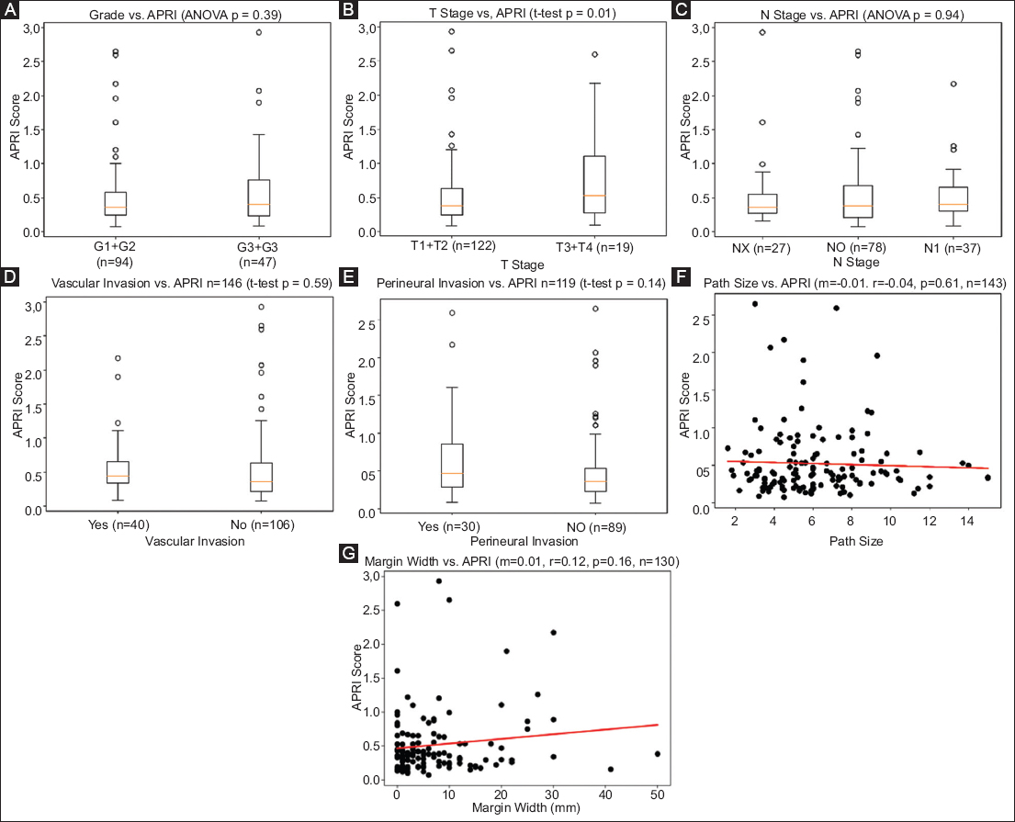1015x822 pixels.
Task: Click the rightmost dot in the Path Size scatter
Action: pyautogui.click(x=987, y=478)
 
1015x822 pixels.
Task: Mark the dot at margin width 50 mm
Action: pyautogui.click(x=658, y=754)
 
